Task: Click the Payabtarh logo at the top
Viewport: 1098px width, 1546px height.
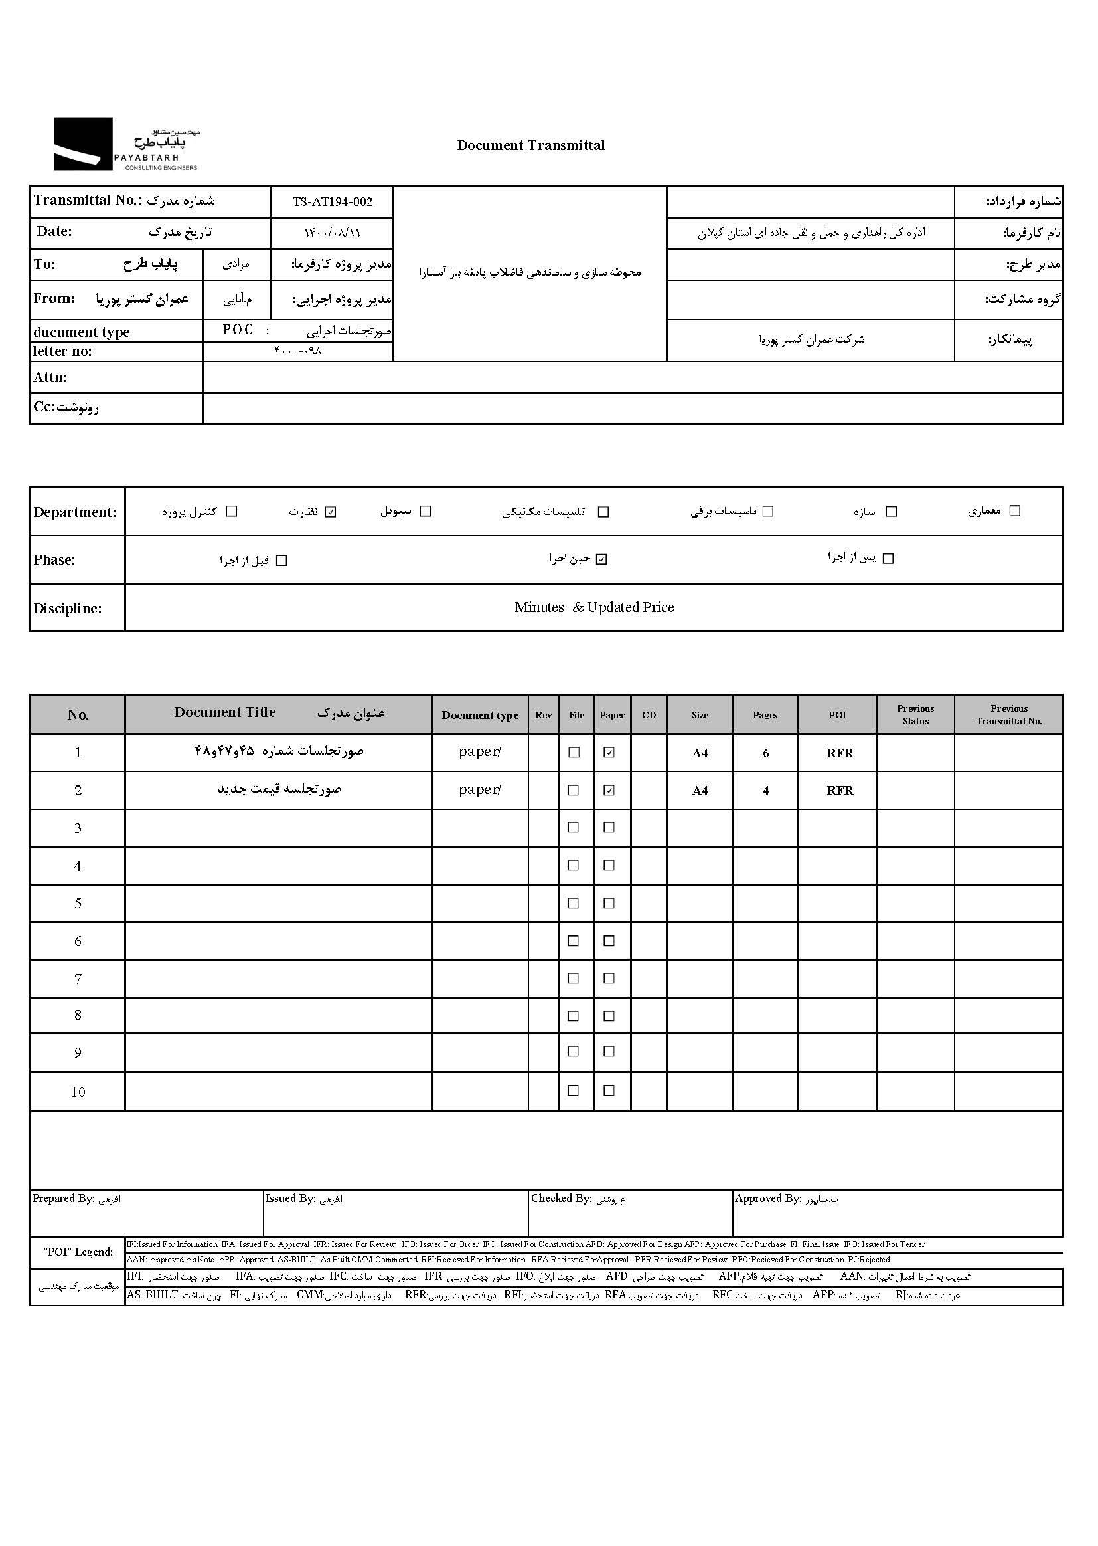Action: click(x=125, y=144)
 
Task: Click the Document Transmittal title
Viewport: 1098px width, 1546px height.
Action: click(x=531, y=145)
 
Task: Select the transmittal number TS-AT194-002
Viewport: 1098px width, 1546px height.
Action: click(x=332, y=201)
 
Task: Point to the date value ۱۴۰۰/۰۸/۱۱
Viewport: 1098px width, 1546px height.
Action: click(x=332, y=233)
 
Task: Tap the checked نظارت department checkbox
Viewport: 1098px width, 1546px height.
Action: click(x=331, y=512)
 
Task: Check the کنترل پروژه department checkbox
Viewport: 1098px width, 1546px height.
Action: click(x=232, y=512)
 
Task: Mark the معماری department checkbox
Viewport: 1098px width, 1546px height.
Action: click(x=1014, y=511)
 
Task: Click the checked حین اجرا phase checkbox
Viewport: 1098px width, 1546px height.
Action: click(x=601, y=559)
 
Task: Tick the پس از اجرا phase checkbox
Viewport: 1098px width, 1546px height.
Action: click(x=888, y=559)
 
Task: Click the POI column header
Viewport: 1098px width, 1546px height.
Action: click(x=837, y=715)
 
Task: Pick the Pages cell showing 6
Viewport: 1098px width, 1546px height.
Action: click(x=765, y=753)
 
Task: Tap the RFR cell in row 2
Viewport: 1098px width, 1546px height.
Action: click(x=840, y=790)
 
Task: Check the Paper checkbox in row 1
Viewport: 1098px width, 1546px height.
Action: click(x=609, y=752)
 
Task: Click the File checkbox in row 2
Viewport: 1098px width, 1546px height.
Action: click(x=574, y=790)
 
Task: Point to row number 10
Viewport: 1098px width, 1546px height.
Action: click(x=78, y=1092)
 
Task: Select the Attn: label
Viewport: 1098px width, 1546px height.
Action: click(x=50, y=377)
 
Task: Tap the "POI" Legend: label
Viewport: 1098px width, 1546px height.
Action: click(x=78, y=1252)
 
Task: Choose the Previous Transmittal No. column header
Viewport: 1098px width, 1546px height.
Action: click(x=1009, y=714)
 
